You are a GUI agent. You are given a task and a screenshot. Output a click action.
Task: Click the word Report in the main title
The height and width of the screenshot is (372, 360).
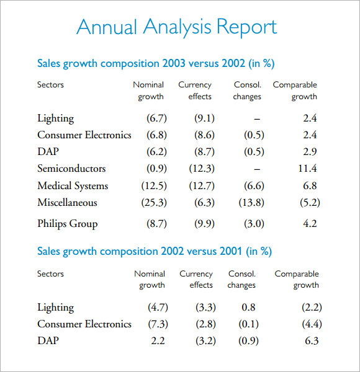[247, 27]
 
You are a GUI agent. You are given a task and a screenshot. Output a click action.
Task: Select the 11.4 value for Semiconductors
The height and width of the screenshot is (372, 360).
[307, 169]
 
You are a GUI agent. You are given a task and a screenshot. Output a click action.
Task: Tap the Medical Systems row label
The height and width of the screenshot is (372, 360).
[73, 186]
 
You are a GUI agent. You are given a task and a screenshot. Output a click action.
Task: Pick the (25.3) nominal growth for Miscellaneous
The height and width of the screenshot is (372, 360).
[154, 203]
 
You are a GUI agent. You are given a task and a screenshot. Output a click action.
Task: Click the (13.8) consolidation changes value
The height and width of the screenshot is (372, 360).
[251, 203]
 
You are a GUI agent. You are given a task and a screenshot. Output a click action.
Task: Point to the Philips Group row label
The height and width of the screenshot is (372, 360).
[68, 224]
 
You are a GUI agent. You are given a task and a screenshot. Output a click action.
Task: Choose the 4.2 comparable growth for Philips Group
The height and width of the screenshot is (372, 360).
[310, 223]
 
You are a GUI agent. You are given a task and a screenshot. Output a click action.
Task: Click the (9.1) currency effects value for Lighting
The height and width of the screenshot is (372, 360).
[204, 118]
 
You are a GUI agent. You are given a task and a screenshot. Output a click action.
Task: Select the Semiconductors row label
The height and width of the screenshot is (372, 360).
[71, 169]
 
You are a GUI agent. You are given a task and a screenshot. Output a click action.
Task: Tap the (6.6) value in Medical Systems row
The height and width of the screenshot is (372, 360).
[254, 185]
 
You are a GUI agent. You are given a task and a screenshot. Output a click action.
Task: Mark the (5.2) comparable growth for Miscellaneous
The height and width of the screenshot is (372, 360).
[310, 203]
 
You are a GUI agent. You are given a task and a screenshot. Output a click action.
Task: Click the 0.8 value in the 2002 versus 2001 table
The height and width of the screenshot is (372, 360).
[248, 308]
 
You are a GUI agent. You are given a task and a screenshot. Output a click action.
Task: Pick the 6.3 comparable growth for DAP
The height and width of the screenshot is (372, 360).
[312, 340]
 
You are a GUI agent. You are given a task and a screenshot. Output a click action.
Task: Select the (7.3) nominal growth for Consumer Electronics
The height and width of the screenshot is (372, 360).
[158, 324]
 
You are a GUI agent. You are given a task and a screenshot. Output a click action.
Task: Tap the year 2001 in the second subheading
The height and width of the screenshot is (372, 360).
[231, 251]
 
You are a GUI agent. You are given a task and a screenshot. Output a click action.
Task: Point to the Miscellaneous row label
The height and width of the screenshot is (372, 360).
[67, 203]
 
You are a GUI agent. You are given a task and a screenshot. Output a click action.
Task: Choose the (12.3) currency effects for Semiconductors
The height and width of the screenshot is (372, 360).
[202, 169]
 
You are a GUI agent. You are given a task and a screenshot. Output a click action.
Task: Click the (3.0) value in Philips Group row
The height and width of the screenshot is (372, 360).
[254, 223]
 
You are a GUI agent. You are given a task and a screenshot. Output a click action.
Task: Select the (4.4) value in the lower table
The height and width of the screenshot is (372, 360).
[312, 324]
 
